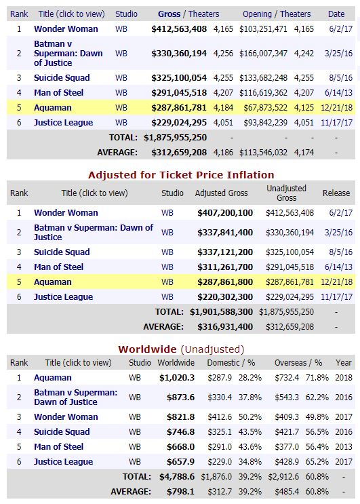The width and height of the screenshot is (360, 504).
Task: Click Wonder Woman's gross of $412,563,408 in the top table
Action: pyautogui.click(x=179, y=29)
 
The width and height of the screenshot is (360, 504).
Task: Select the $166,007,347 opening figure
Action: pyautogui.click(x=263, y=54)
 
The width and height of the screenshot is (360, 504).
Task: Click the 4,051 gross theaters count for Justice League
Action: pyautogui.click(x=223, y=123)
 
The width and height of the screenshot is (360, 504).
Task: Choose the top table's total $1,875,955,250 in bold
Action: pyautogui.click(x=175, y=138)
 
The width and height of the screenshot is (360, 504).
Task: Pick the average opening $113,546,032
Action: pyautogui.click(x=263, y=153)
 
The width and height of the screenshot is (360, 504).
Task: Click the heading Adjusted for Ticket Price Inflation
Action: pyautogui.click(x=181, y=175)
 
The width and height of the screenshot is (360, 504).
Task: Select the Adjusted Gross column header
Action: pyautogui.click(x=221, y=193)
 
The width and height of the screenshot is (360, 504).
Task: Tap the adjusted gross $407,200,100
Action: pyautogui.click(x=225, y=213)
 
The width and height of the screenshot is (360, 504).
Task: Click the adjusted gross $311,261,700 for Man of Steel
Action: pyautogui.click(x=225, y=267)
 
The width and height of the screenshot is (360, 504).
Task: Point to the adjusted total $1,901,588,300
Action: pyautogui.click(x=221, y=312)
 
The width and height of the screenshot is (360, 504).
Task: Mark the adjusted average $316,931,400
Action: pyautogui.click(x=225, y=327)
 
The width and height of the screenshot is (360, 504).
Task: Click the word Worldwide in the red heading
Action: pyautogui.click(x=147, y=349)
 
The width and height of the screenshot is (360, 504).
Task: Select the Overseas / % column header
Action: pyautogui.click(x=298, y=363)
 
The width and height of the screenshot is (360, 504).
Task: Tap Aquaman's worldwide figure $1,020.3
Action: pyautogui.click(x=177, y=378)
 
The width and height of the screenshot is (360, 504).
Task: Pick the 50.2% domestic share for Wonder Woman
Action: pyautogui.click(x=250, y=417)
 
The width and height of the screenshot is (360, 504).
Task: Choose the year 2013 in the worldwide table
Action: pyautogui.click(x=344, y=447)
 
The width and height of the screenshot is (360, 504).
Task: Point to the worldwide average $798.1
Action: pyautogui.click(x=180, y=492)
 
